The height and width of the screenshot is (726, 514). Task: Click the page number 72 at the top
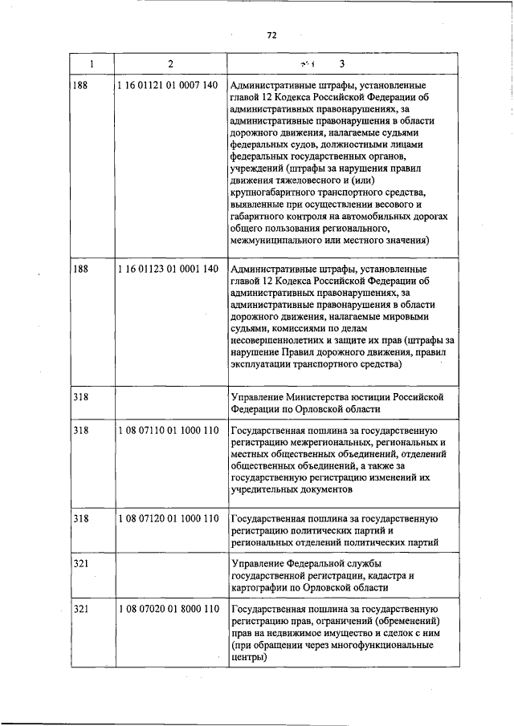click(x=271, y=35)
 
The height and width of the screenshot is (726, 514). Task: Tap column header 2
click(x=170, y=64)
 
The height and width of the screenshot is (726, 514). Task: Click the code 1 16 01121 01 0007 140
click(x=167, y=85)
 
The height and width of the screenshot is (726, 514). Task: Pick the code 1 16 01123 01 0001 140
click(x=167, y=269)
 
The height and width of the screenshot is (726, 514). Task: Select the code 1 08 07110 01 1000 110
click(x=167, y=431)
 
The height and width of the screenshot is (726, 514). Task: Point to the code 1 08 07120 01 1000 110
click(x=167, y=518)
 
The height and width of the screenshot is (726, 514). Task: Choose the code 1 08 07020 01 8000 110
click(x=167, y=610)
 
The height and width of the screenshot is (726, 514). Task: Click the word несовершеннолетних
click(x=282, y=340)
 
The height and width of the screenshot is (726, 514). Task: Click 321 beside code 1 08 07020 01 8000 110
click(x=80, y=610)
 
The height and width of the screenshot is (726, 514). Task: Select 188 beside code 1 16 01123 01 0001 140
click(x=80, y=269)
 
